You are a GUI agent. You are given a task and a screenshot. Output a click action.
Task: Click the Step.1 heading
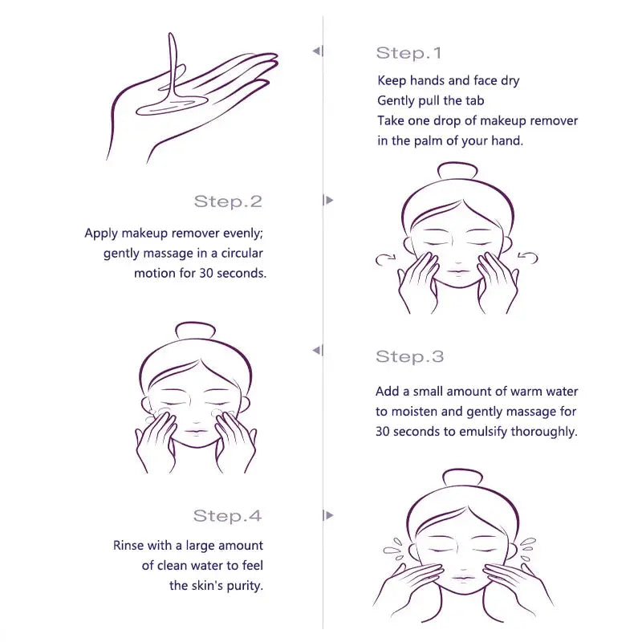pos(408,53)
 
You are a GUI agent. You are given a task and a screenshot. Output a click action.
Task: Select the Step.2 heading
pos(228,201)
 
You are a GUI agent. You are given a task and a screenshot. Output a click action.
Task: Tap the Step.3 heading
pos(410,356)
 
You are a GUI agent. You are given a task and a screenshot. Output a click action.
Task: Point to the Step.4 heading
pos(227,516)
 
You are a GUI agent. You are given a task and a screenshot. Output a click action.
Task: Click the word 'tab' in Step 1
pos(475,101)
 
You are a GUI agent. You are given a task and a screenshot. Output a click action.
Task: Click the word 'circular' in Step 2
pos(242,253)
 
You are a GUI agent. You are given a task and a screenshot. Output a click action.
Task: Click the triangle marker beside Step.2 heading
pos(328,200)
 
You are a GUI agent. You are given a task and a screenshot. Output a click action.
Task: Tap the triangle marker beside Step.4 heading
pos(328,515)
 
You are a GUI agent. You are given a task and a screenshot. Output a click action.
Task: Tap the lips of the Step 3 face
pos(195,432)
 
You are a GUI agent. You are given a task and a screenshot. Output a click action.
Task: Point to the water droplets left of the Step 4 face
pos(395,548)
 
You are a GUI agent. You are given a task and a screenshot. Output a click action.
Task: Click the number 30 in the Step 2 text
pos(206,273)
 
